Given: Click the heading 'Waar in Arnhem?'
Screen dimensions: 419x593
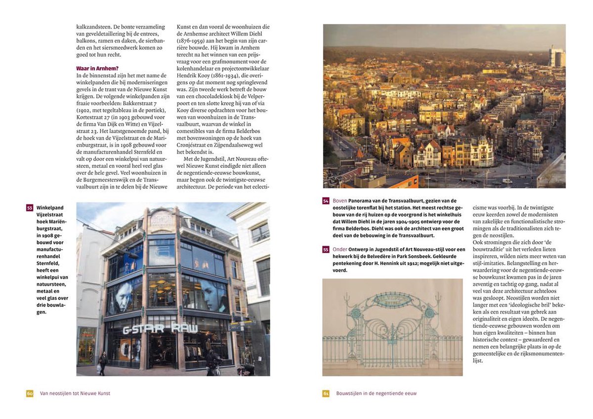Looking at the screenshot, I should click(x=97, y=68).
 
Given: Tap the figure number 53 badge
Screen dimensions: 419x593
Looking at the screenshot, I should click(x=30, y=208).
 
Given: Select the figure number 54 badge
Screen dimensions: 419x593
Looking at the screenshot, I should click(x=326, y=201).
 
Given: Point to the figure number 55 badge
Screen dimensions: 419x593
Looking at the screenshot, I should click(x=326, y=250).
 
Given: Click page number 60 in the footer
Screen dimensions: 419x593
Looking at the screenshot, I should click(x=30, y=393).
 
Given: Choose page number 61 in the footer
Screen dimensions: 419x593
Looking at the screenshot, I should click(x=326, y=393).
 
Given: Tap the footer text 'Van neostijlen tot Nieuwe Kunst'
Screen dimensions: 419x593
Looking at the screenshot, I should click(x=75, y=393).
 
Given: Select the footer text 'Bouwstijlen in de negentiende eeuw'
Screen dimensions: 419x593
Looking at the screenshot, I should click(x=377, y=393).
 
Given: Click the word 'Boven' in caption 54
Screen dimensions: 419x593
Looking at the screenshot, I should click(x=339, y=201).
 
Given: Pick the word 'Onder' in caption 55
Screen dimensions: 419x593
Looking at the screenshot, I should click(x=340, y=250).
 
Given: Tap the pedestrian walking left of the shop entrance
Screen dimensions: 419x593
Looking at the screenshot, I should click(x=102, y=363).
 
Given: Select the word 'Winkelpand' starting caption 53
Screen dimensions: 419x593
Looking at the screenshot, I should click(x=50, y=208).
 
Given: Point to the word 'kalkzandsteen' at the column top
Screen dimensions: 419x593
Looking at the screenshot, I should click(x=93, y=27).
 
